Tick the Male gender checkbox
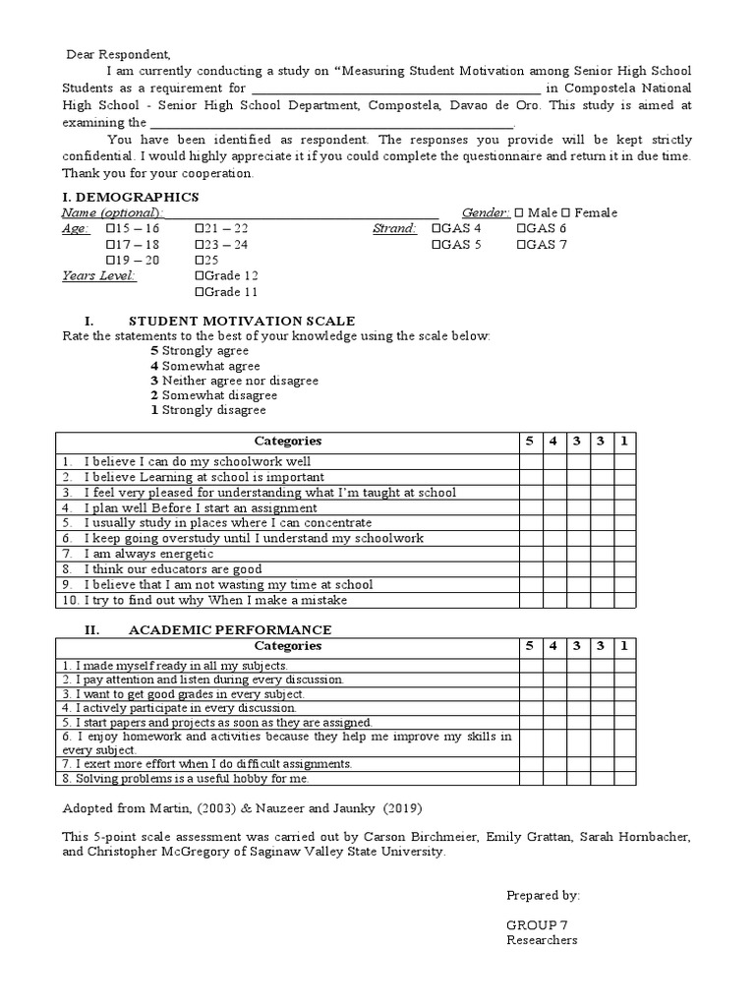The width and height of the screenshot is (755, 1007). [x=532, y=213]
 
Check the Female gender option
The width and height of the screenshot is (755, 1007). [x=567, y=213]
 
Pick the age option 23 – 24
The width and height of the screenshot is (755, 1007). [x=201, y=245]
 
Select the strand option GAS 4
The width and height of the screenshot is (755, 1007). [x=436, y=229]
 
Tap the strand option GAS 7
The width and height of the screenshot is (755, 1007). [x=521, y=245]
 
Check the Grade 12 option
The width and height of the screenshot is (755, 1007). [x=201, y=276]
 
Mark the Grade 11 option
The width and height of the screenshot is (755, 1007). [x=201, y=292]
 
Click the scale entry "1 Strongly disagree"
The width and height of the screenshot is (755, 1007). [x=207, y=409]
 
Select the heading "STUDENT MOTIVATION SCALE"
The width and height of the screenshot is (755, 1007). [x=242, y=322]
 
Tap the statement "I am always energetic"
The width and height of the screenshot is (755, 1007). [x=148, y=554]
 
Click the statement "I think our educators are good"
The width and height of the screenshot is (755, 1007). [x=172, y=568]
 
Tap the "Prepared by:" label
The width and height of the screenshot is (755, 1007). [x=543, y=895]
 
